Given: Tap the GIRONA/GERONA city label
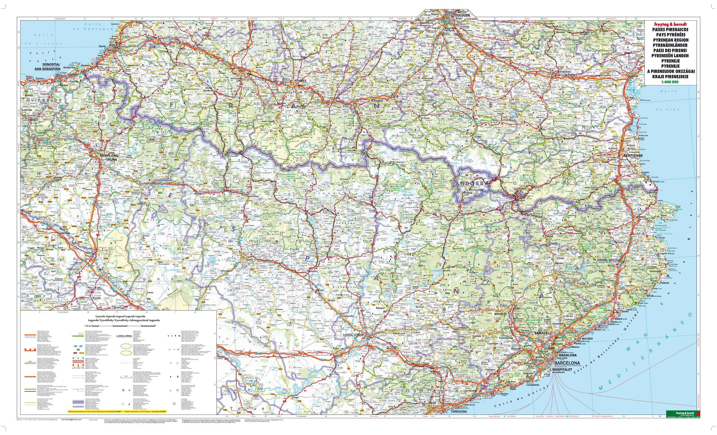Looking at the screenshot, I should coord(605,260).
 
